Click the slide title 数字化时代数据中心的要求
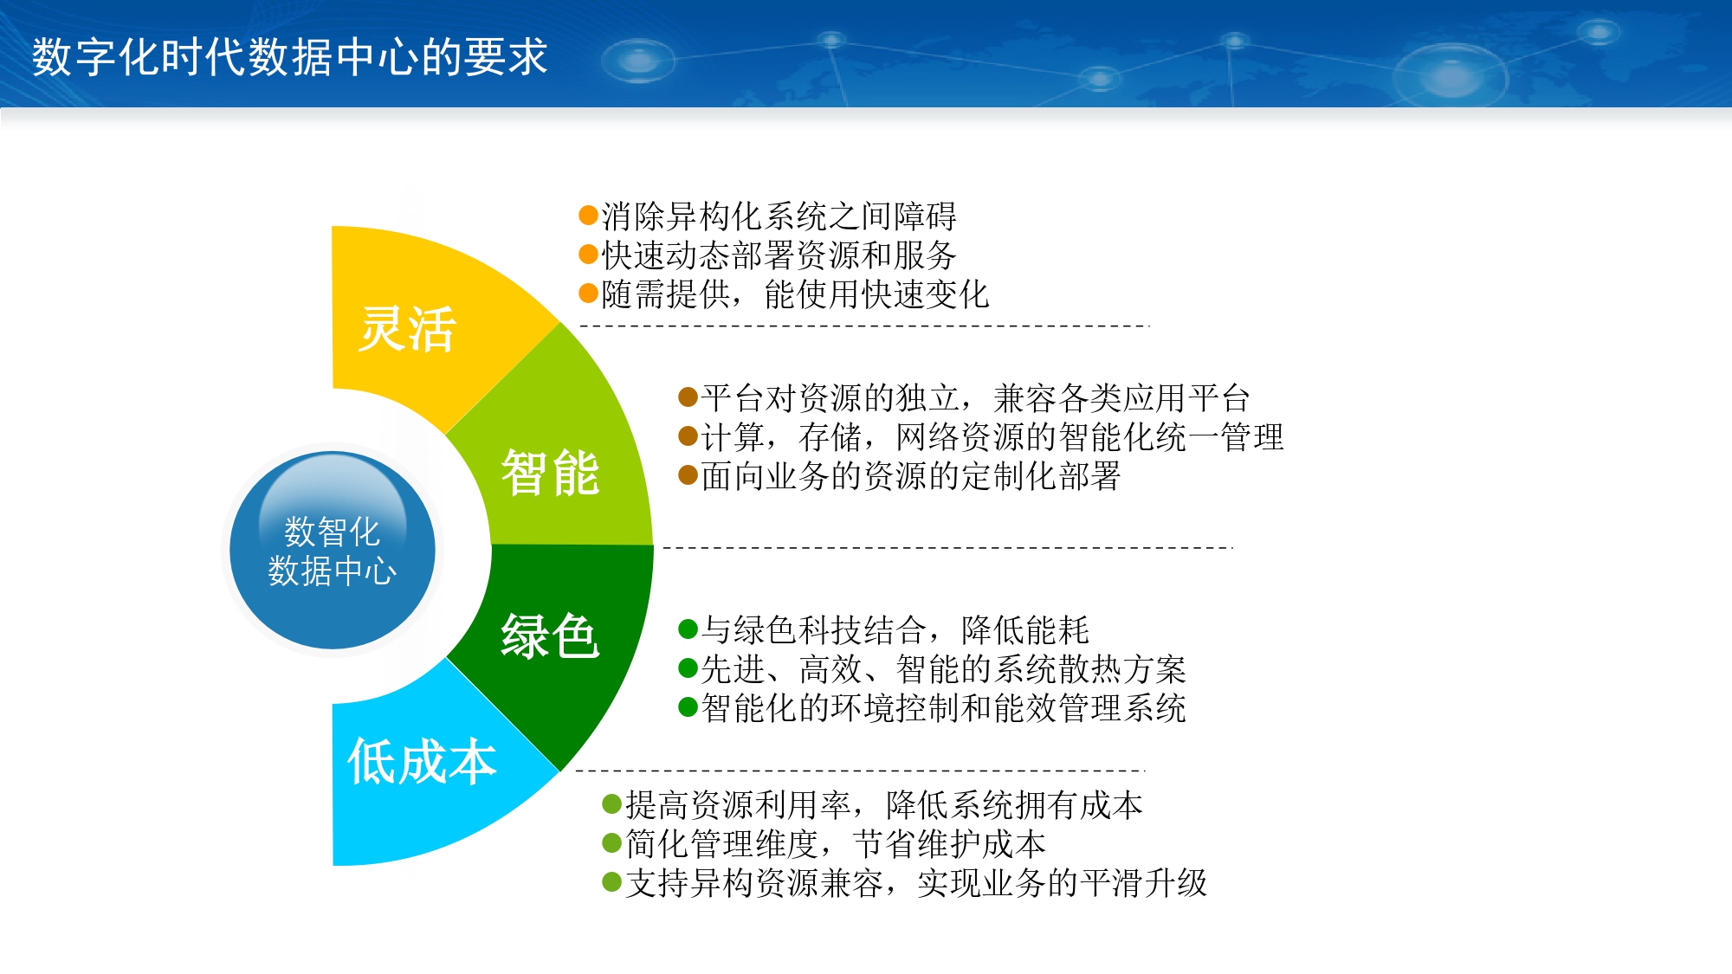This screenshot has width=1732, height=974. [290, 57]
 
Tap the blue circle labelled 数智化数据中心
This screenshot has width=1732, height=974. [333, 550]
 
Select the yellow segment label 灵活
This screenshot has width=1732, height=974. [407, 329]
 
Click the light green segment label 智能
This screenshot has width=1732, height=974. [550, 473]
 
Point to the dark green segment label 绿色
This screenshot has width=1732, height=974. [550, 636]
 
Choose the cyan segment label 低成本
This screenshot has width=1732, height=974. [422, 762]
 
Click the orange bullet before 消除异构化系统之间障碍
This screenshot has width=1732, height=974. [589, 215]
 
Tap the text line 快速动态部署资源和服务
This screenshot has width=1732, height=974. [779, 255]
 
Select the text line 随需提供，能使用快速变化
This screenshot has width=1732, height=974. [795, 294]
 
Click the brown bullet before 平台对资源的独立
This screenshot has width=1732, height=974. [688, 397]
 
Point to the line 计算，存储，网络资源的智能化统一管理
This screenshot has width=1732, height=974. [992, 437]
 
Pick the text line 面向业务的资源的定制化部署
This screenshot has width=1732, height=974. [911, 476]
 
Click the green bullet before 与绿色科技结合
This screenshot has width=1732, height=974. [688, 629]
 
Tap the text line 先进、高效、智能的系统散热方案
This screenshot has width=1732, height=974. [943, 669]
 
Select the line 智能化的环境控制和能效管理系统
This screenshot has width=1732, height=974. [943, 708]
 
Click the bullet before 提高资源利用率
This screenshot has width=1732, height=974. [612, 804]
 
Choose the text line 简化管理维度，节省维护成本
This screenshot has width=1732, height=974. [836, 844]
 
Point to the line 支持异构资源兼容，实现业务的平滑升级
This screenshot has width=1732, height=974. [916, 883]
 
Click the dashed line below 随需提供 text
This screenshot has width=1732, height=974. [864, 326]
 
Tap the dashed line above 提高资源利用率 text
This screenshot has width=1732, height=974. [860, 770]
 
